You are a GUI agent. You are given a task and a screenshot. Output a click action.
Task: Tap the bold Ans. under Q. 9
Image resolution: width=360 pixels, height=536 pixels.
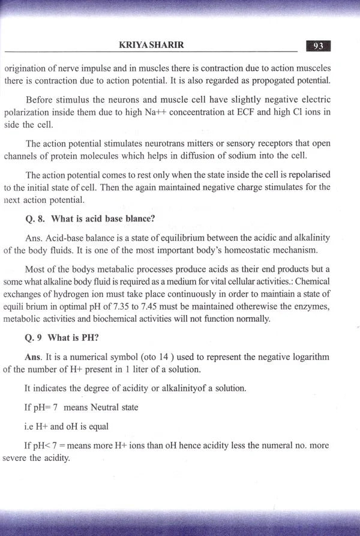click(x=33, y=357)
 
